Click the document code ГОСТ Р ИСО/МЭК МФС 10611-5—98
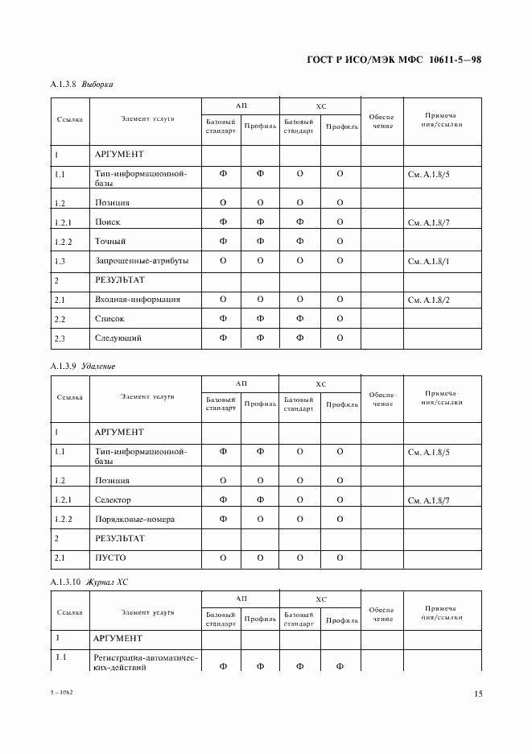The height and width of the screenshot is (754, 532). pyautogui.click(x=394, y=60)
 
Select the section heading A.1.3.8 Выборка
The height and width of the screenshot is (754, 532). pyautogui.click(x=81, y=84)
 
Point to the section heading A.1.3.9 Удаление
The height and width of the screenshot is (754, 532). pyautogui.click(x=83, y=366)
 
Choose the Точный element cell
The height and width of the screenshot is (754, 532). pyautogui.click(x=110, y=242)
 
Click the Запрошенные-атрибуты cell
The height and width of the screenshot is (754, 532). pyautogui.click(x=142, y=261)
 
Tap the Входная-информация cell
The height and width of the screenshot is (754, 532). pyautogui.click(x=137, y=300)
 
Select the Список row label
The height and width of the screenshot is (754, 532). pyautogui.click(x=109, y=319)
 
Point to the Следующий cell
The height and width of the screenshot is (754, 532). pyautogui.click(x=118, y=338)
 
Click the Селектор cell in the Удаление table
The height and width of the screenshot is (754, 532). pyautogui.click(x=113, y=500)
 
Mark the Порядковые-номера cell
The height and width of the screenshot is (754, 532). pyautogui.click(x=134, y=520)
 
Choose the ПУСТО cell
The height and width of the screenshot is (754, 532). pyautogui.click(x=110, y=557)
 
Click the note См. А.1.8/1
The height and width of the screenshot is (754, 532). pyautogui.click(x=429, y=262)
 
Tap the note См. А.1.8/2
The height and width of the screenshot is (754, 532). pyautogui.click(x=429, y=300)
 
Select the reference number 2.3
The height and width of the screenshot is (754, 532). pyautogui.click(x=60, y=338)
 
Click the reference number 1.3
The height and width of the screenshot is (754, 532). pyautogui.click(x=60, y=261)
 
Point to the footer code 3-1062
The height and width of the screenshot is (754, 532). pyautogui.click(x=60, y=693)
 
